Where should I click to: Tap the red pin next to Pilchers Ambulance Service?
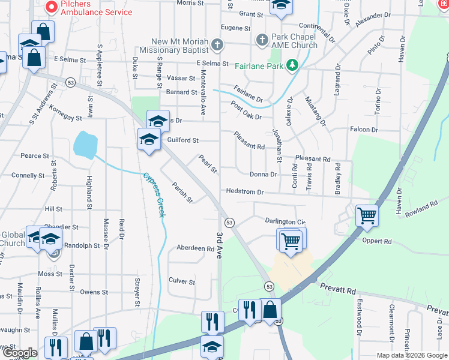tap(51, 7)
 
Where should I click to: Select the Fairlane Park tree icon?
tap(293, 64)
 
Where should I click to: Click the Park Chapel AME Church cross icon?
tap(262, 41)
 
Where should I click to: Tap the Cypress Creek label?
tap(154, 195)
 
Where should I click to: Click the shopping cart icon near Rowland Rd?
tap(366, 215)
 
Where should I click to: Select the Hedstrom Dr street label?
tap(245, 192)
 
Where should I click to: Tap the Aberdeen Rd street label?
tap(195, 248)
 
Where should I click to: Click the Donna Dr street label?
tap(264, 175)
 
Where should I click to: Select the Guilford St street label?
tap(183, 140)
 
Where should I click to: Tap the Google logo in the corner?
tap(20, 353)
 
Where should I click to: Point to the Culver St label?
tap(182, 281)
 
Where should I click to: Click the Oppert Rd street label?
tap(377, 241)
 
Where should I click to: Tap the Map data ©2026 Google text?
tap(412, 355)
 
